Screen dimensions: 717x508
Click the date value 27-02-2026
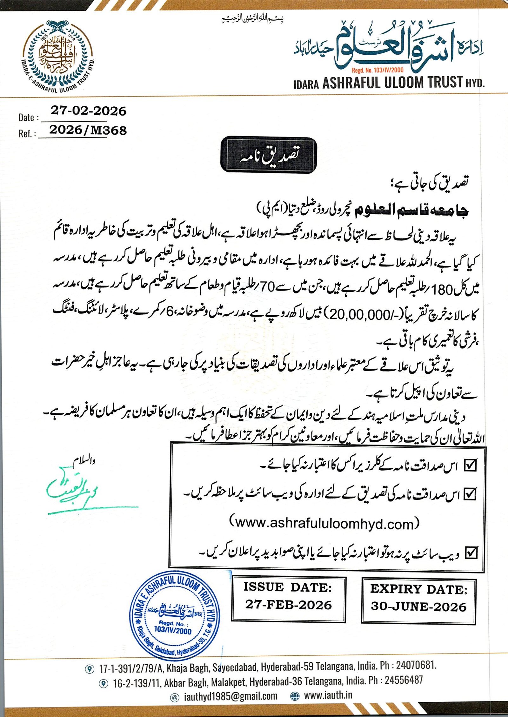point(88,111)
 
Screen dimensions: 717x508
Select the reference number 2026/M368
point(88,130)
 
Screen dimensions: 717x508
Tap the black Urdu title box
point(269,155)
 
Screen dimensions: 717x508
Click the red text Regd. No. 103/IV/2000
point(378,70)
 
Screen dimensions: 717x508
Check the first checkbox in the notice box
point(470,466)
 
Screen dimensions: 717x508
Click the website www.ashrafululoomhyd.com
point(324,523)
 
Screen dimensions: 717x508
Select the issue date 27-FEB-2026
point(288,605)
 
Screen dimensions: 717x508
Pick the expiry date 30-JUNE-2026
point(418,607)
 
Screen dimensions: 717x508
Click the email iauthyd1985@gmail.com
point(231,696)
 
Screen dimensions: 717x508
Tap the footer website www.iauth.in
point(328,695)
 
